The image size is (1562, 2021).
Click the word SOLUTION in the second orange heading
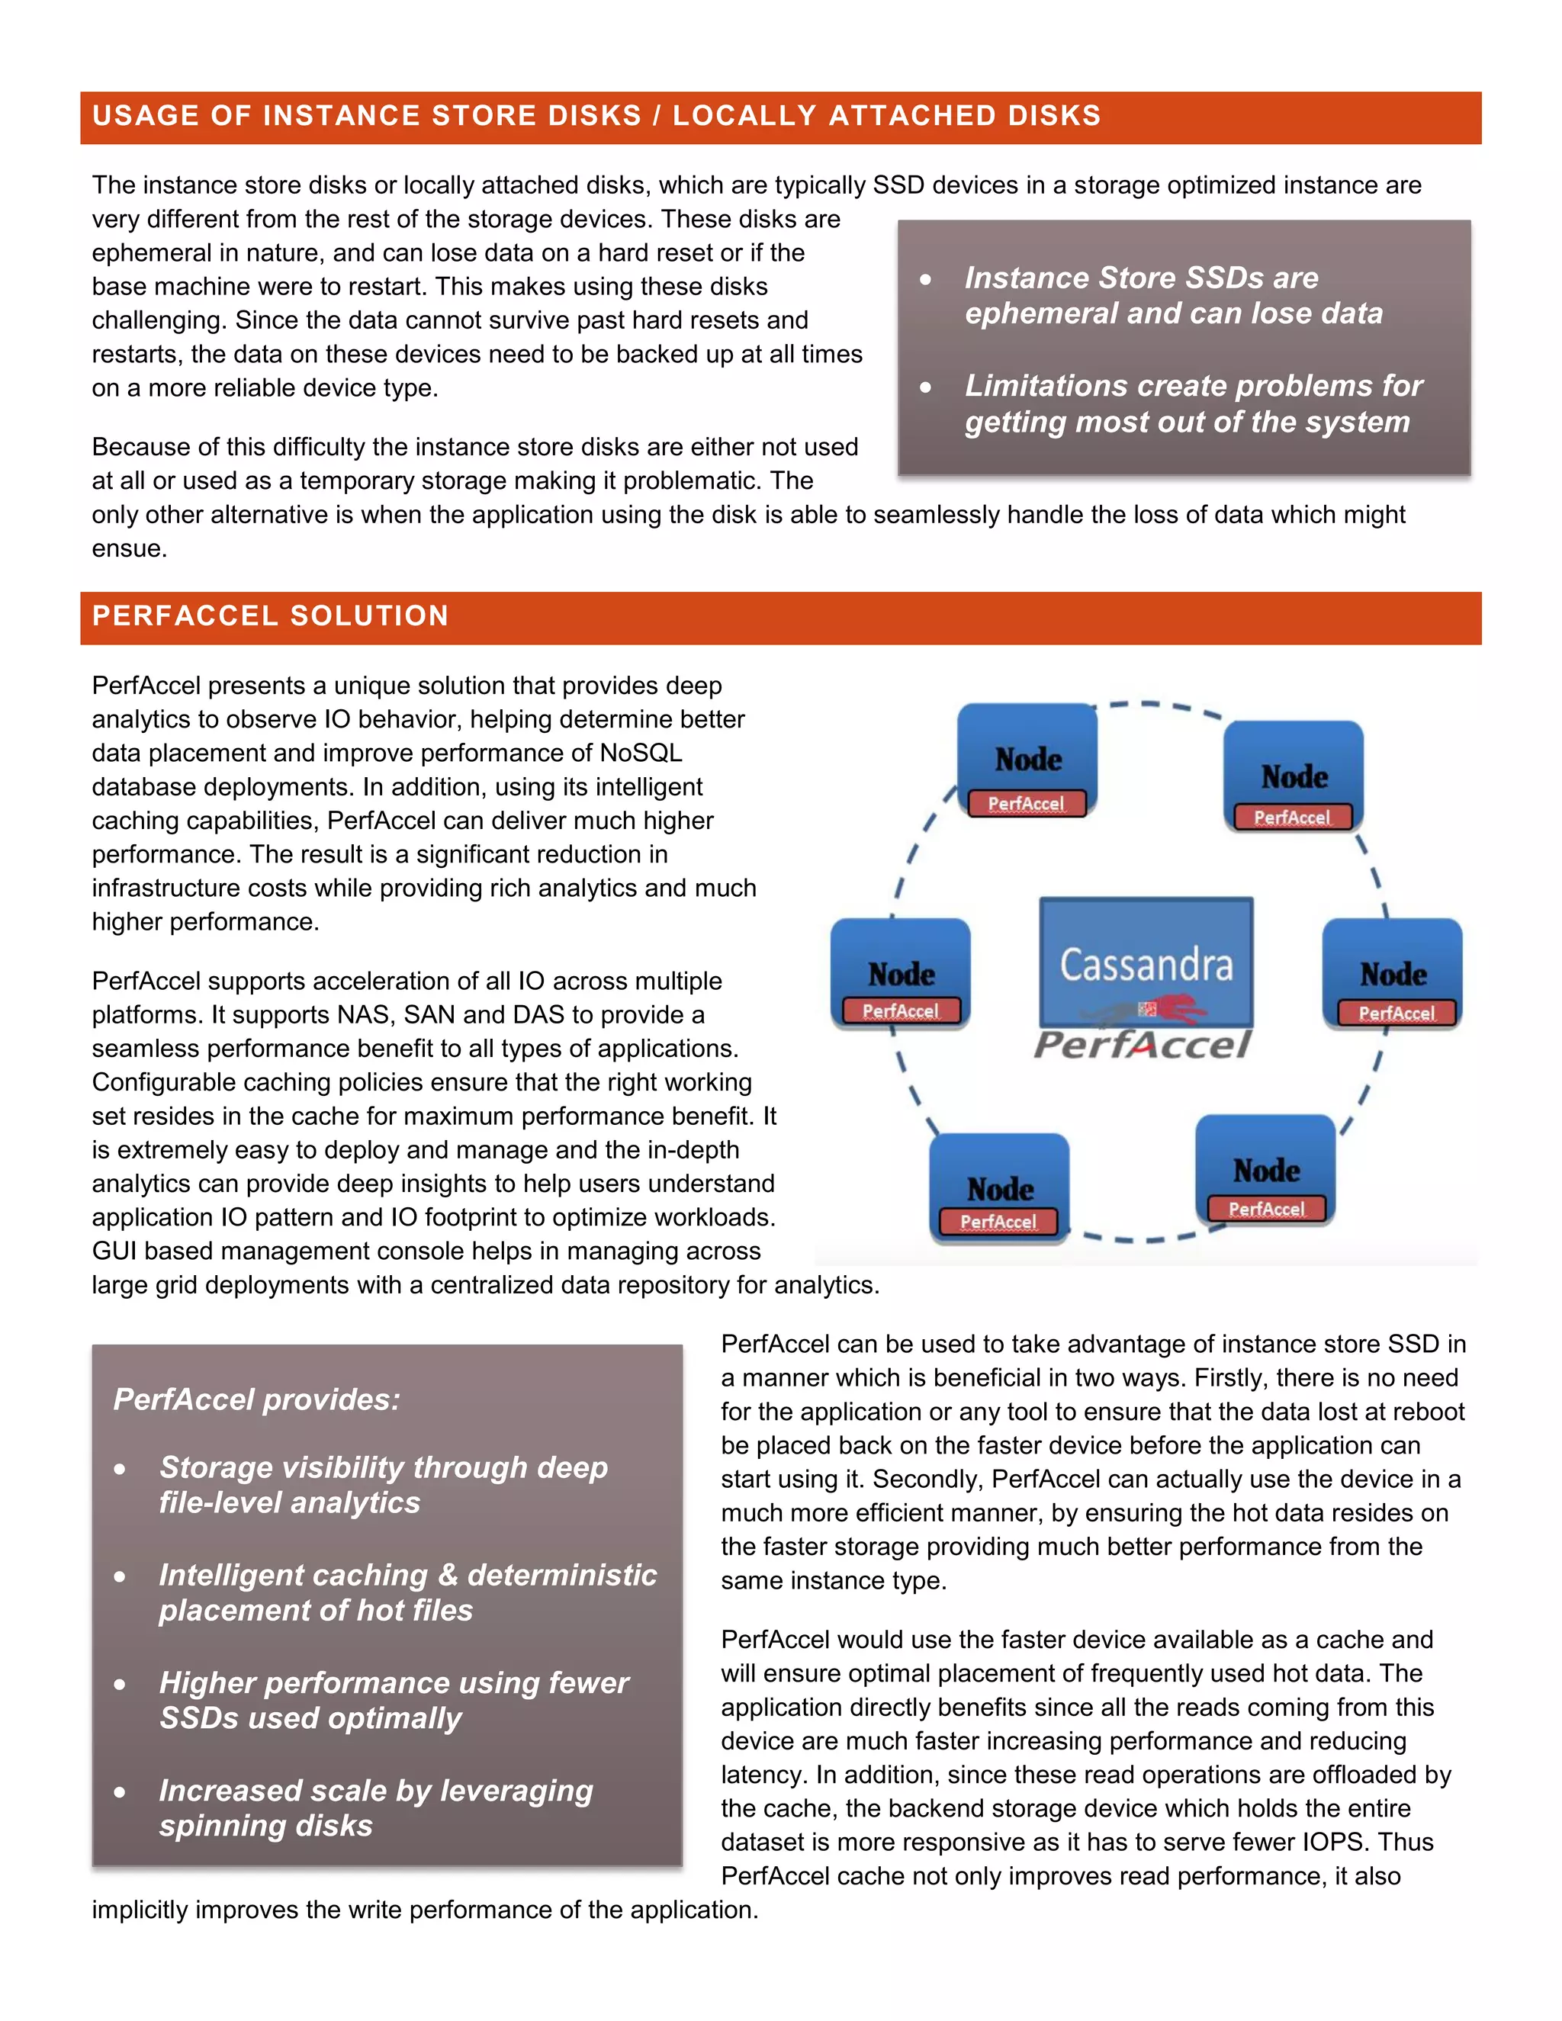(368, 616)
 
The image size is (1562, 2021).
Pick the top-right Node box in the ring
(1293, 776)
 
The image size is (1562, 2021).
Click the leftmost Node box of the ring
(901, 972)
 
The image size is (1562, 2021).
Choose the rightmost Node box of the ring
(1392, 972)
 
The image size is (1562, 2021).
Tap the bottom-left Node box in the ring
(999, 1187)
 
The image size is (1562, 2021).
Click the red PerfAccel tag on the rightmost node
(1396, 1014)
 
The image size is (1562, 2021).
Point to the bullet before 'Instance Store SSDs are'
(925, 278)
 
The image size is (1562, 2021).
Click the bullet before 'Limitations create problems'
(925, 387)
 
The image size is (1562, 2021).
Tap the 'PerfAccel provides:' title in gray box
(256, 1399)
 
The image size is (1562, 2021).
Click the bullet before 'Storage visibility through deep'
(120, 1469)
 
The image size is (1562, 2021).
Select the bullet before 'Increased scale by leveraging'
(120, 1791)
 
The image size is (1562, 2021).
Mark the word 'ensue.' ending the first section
(130, 549)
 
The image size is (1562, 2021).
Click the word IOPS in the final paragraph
(1332, 1843)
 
